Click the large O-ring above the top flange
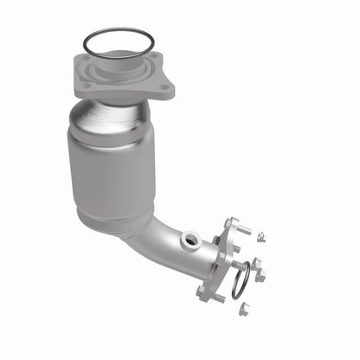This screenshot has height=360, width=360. [x=118, y=32]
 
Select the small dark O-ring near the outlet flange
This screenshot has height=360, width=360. [x=241, y=276]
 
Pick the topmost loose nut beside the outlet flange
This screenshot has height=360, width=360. [x=260, y=239]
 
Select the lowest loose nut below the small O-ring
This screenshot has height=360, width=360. [x=245, y=307]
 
